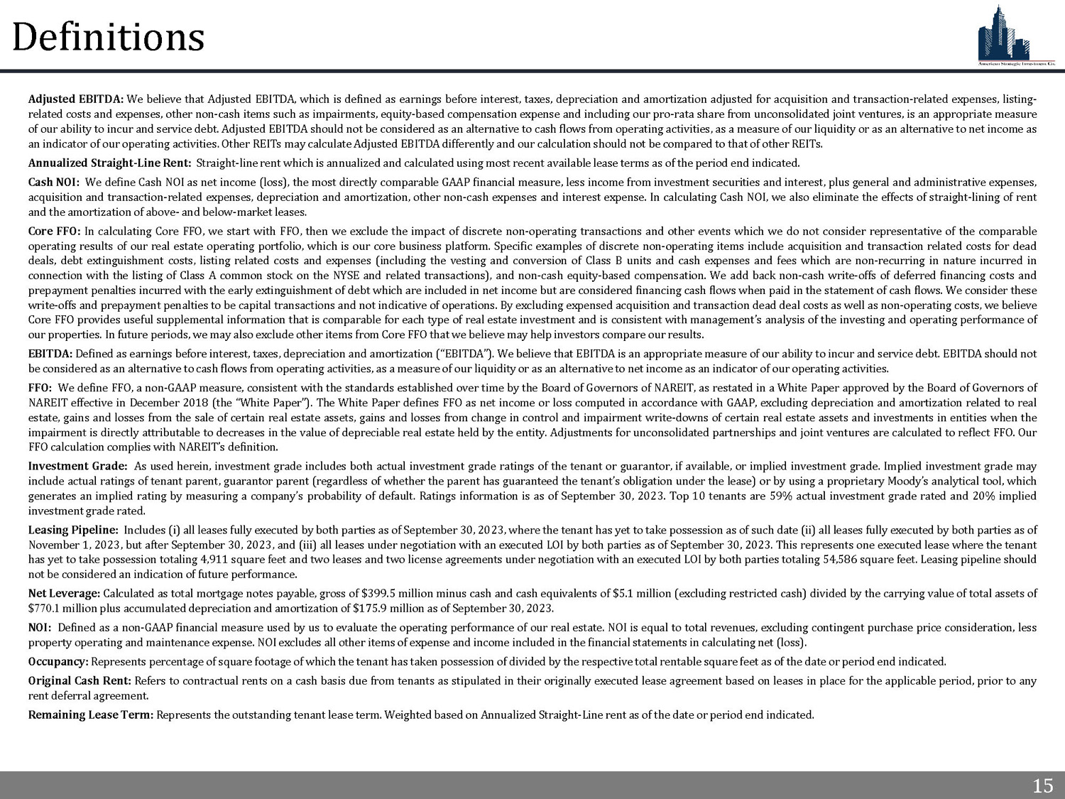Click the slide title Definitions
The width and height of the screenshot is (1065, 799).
point(109,37)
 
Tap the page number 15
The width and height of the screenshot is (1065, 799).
point(1042,786)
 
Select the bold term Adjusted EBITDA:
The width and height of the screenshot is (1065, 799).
point(76,99)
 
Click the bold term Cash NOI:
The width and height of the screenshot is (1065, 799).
point(54,183)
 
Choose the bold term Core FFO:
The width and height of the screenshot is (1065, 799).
point(54,232)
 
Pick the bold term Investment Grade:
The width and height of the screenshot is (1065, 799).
point(77,467)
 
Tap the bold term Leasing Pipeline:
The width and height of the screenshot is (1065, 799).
point(73,530)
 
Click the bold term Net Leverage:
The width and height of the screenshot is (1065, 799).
point(64,594)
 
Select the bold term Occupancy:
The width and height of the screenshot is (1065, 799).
point(58,662)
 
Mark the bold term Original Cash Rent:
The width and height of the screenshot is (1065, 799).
point(80,681)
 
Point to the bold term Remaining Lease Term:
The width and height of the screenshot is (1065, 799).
point(91,715)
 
